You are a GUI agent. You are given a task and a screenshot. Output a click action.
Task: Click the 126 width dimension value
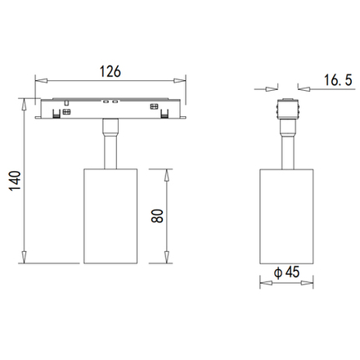[x=110, y=71]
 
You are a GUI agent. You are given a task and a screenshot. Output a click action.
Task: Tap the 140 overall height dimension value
[x=15, y=181]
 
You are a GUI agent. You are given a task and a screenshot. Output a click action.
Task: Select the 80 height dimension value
[x=157, y=216]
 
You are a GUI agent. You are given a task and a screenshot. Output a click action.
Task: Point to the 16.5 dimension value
[x=338, y=80]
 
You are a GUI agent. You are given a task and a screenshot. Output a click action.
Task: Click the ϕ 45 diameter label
[x=287, y=272]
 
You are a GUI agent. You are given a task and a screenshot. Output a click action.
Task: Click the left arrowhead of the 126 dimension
[x=42, y=81]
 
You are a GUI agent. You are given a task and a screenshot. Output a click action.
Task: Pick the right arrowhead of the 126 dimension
[x=179, y=81]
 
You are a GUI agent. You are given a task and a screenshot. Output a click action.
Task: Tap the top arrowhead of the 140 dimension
[x=25, y=105]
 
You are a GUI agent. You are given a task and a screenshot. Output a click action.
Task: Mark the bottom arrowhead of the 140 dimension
[x=25, y=257]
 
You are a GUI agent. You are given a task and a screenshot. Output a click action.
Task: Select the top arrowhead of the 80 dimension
[x=167, y=175]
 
